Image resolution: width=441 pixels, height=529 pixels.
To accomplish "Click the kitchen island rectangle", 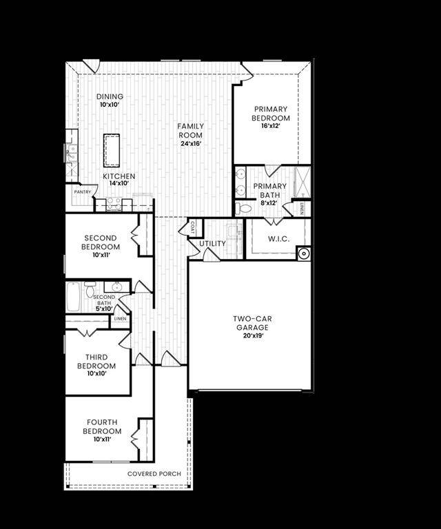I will tap(112, 150).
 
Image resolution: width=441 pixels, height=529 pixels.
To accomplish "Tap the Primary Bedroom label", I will tap(271, 114).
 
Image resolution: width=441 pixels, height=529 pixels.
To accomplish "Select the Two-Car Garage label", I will tap(250, 323).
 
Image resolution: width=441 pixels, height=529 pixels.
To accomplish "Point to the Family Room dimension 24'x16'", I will tap(190, 144).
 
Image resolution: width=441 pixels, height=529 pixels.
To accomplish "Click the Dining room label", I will tap(110, 96).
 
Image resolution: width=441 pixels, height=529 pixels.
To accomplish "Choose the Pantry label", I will tap(83, 192).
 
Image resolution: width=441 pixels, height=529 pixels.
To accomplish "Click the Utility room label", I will tap(212, 244).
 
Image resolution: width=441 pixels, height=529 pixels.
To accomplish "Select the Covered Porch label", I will tap(154, 474).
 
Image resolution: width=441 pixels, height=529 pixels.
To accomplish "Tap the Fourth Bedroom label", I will tap(101, 426).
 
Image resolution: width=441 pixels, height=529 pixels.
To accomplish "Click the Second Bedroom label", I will tap(100, 242).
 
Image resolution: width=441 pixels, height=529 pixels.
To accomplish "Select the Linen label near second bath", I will tap(120, 319).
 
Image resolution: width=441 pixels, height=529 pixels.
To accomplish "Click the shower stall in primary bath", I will tap(302, 181).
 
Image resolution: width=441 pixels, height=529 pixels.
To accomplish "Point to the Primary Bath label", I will tap(269, 190).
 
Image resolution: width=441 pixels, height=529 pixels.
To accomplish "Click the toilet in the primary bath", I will tap(244, 207).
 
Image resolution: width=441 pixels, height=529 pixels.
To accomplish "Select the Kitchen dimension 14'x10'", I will tap(119, 184).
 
